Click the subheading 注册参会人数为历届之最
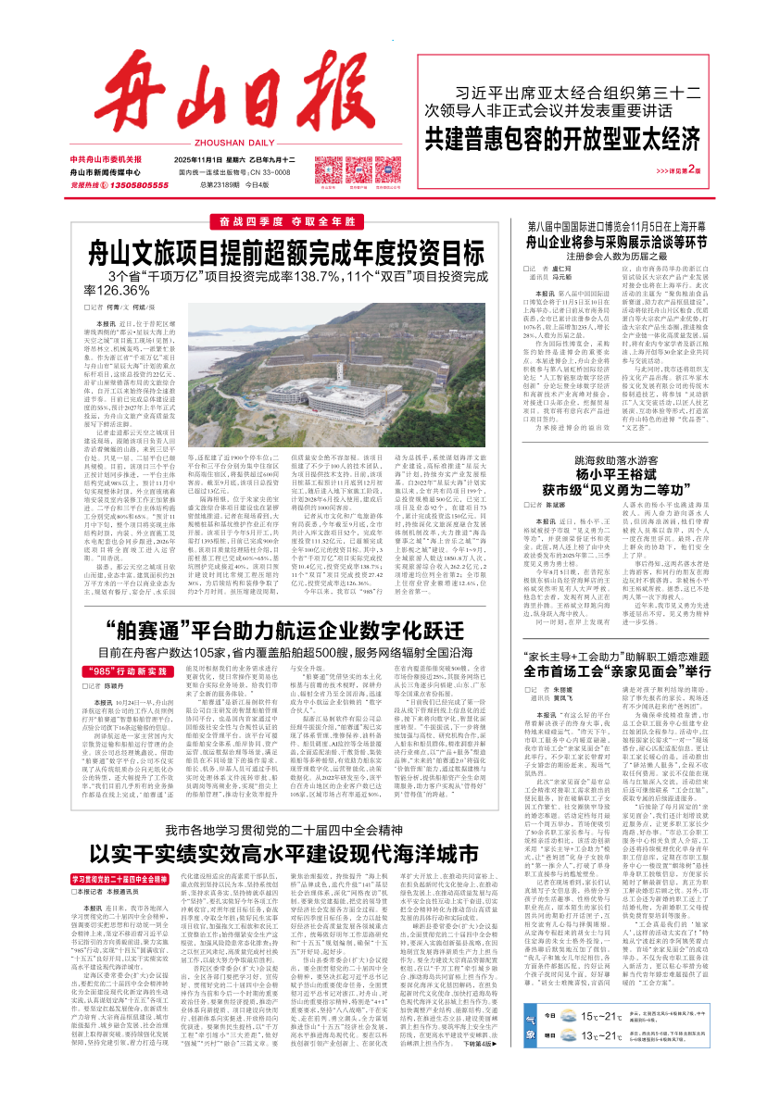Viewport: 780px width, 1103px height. (604, 257)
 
